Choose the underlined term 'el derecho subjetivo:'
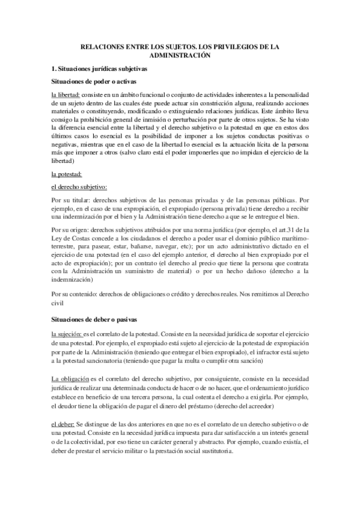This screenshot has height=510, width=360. [x=79, y=186]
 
